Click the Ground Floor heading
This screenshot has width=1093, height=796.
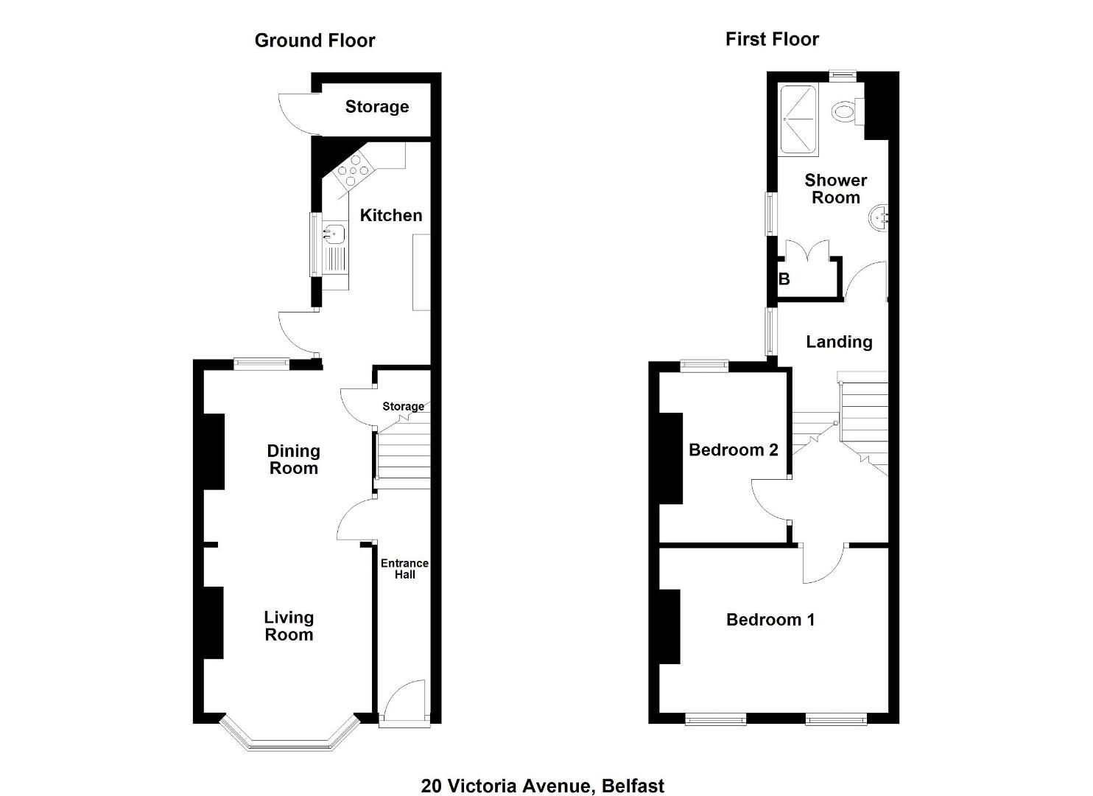314,41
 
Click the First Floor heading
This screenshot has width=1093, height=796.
772,40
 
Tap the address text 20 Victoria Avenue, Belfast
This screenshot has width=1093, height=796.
543,772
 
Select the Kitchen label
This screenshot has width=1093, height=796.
391,215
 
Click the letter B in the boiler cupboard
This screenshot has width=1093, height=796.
784,279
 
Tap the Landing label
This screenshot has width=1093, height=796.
839,342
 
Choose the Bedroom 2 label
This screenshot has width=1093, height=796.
733,450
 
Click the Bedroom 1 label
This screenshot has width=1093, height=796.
770,620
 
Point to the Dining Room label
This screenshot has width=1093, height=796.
293,459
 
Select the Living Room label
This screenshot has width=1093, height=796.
289,626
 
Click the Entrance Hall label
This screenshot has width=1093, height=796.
404,569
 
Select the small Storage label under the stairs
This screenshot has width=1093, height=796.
403,406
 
